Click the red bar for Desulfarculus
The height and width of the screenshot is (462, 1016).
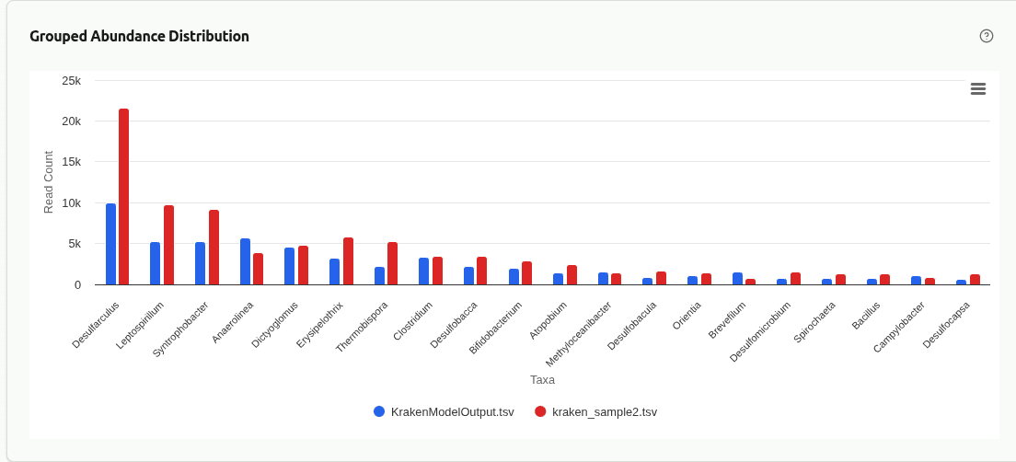tap(123, 197)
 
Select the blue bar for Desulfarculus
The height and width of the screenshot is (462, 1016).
tap(110, 244)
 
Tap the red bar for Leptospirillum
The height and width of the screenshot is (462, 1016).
tap(168, 245)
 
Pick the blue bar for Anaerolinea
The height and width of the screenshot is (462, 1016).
tap(245, 261)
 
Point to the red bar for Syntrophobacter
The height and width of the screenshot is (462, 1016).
tap(214, 248)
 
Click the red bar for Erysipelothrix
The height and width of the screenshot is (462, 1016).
tap(348, 261)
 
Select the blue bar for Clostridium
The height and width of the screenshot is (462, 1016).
tap(423, 271)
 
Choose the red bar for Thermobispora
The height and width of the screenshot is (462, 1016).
tap(392, 263)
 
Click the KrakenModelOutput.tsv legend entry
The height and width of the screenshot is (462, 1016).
tap(444, 412)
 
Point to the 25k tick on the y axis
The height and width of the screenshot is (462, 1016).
tap(71, 81)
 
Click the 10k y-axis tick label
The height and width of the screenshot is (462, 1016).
tap(71, 203)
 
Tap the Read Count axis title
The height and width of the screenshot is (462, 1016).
tap(49, 182)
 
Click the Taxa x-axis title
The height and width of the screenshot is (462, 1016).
tap(542, 379)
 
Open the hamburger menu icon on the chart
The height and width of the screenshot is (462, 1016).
tap(978, 88)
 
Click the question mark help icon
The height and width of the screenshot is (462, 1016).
tap(987, 36)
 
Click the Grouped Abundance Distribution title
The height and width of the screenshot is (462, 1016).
tap(139, 37)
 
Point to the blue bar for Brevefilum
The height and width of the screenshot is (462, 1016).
tap(737, 278)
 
